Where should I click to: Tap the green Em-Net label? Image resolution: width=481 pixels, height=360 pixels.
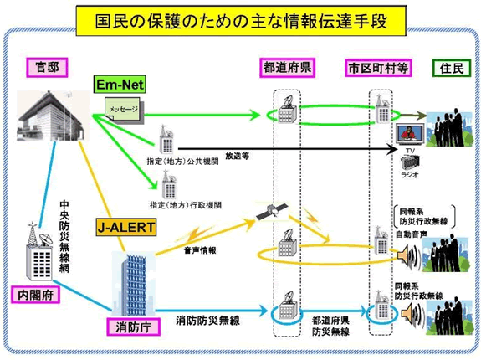pyautogui.click(x=120, y=85)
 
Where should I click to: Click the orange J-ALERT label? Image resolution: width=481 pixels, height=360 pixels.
pyautogui.click(x=125, y=225)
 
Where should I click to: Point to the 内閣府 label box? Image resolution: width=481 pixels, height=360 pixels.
pyautogui.click(x=35, y=294)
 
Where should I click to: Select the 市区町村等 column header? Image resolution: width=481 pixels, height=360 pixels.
pyautogui.click(x=380, y=67)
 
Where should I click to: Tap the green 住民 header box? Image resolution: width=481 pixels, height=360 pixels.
pyautogui.click(x=448, y=67)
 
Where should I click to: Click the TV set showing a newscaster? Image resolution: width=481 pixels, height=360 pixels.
pyautogui.click(x=407, y=134)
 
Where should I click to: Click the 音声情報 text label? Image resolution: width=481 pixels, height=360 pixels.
pyautogui.click(x=201, y=249)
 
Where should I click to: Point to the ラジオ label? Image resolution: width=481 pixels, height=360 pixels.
pyautogui.click(x=409, y=175)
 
